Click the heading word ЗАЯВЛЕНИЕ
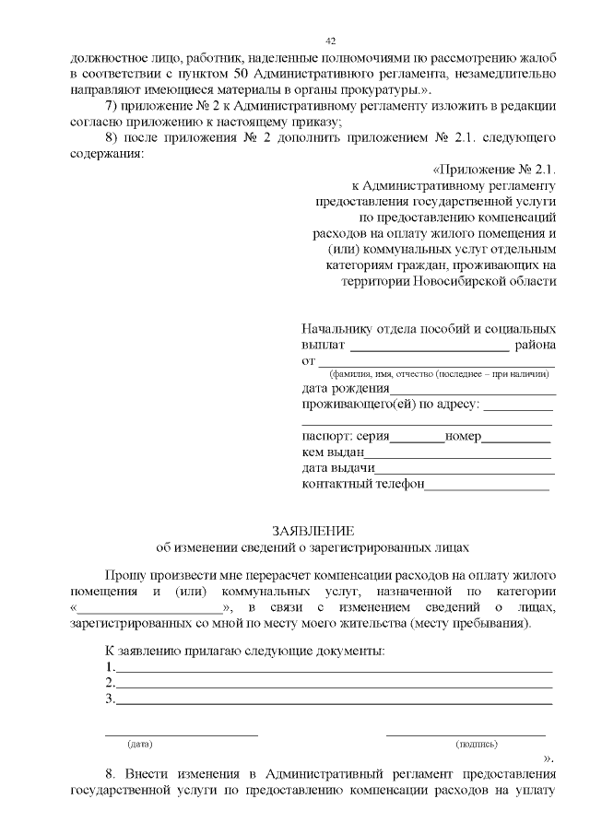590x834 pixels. pyautogui.click(x=313, y=531)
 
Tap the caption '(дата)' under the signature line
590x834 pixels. pyautogui.click(x=140, y=743)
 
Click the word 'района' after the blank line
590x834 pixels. pyautogui.click(x=536, y=346)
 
